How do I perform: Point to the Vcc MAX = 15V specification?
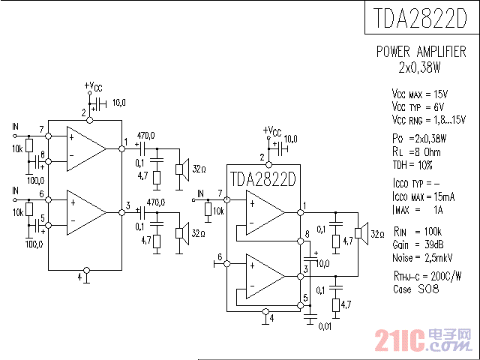click(419, 94)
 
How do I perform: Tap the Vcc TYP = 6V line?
click(417, 106)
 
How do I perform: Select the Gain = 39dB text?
click(416, 245)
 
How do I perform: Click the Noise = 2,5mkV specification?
click(421, 257)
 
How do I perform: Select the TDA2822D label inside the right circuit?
click(263, 180)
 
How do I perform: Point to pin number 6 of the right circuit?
click(220, 257)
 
